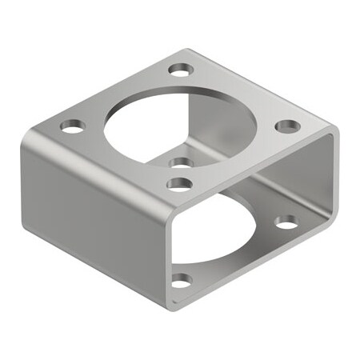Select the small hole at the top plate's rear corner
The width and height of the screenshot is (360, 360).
[182, 67]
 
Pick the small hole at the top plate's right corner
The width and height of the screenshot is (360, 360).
[288, 126]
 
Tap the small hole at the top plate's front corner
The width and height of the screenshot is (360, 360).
[181, 184]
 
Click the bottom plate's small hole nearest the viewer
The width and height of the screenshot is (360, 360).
[182, 280]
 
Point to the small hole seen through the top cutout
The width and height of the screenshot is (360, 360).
[182, 162]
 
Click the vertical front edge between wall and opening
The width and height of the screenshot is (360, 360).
[163, 248]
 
